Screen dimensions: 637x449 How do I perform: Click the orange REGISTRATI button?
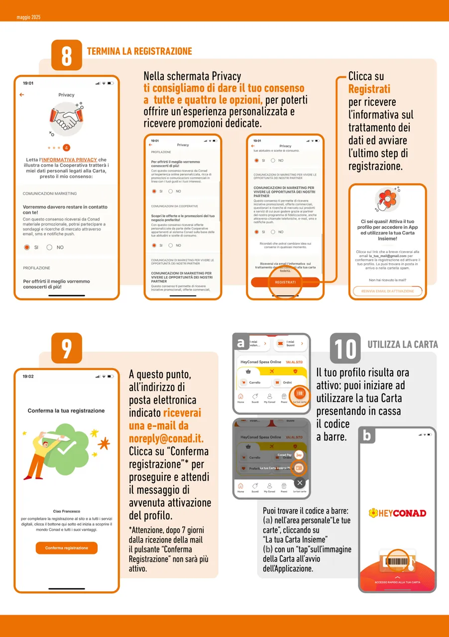(x=285, y=282)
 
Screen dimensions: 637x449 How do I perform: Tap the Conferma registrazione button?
(x=66, y=548)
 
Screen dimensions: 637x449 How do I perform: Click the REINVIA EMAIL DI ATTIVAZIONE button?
(x=387, y=291)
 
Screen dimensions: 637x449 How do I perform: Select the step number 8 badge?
(x=67, y=55)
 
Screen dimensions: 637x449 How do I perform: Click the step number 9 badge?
(x=67, y=348)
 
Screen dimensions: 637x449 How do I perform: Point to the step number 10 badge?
(x=345, y=348)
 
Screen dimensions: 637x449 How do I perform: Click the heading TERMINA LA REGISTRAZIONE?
(x=139, y=51)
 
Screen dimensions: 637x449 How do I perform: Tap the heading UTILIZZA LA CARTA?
(x=402, y=344)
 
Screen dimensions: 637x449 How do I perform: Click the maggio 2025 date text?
(x=28, y=17)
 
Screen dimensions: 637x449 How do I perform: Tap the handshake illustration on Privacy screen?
(x=66, y=119)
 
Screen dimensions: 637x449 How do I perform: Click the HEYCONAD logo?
(x=397, y=513)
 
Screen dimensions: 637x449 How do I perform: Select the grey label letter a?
(x=241, y=342)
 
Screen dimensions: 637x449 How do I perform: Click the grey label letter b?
(x=367, y=436)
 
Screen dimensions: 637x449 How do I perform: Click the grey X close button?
(x=299, y=482)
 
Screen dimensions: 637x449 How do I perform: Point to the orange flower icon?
(x=387, y=199)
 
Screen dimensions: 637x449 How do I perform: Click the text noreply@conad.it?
(x=166, y=439)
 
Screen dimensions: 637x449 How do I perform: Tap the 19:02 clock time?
(x=28, y=376)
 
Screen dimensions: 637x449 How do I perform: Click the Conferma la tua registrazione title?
(x=66, y=411)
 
